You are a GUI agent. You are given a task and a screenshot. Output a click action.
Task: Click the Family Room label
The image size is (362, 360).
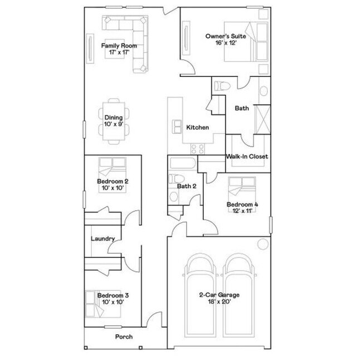(x=119, y=46)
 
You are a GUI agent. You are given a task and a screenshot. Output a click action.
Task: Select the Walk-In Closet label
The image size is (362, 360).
(x=247, y=157)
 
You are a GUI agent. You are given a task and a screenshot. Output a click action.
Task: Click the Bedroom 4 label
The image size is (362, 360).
(x=242, y=205)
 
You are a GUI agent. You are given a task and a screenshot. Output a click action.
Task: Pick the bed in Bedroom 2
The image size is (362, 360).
(x=113, y=167)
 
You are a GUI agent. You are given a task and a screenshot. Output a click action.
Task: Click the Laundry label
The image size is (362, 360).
(x=103, y=239)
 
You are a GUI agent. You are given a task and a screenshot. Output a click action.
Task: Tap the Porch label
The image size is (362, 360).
(x=124, y=337)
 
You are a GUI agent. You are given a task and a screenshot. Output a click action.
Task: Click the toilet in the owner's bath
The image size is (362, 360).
(x=221, y=85)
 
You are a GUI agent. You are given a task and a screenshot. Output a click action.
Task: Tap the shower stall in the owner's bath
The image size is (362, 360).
(x=262, y=116)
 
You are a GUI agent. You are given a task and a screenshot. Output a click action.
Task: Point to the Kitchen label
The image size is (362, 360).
(x=197, y=128)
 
